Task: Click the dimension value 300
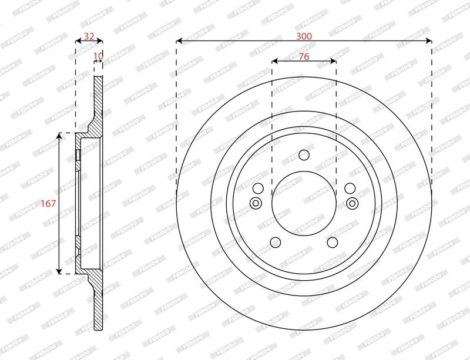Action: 304,36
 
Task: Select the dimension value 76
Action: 304,56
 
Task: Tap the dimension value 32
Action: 89,36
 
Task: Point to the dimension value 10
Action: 98,56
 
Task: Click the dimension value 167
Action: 48,204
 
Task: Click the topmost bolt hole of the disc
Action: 304,155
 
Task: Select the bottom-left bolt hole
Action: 276,242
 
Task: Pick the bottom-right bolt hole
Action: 333,242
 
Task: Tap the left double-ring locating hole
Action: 256,203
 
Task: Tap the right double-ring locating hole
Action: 352,203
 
